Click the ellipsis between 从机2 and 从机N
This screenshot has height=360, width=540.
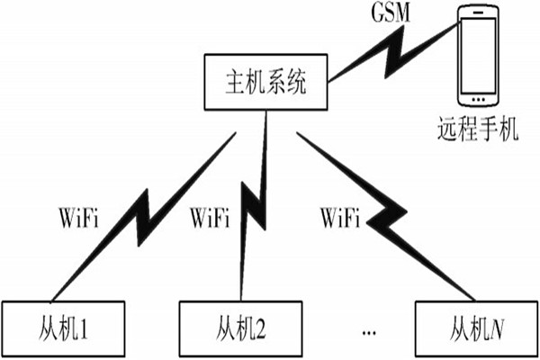369,333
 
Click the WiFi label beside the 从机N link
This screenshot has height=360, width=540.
341,217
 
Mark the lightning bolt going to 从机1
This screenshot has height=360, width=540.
144,216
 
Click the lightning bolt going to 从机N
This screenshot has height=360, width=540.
387,216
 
